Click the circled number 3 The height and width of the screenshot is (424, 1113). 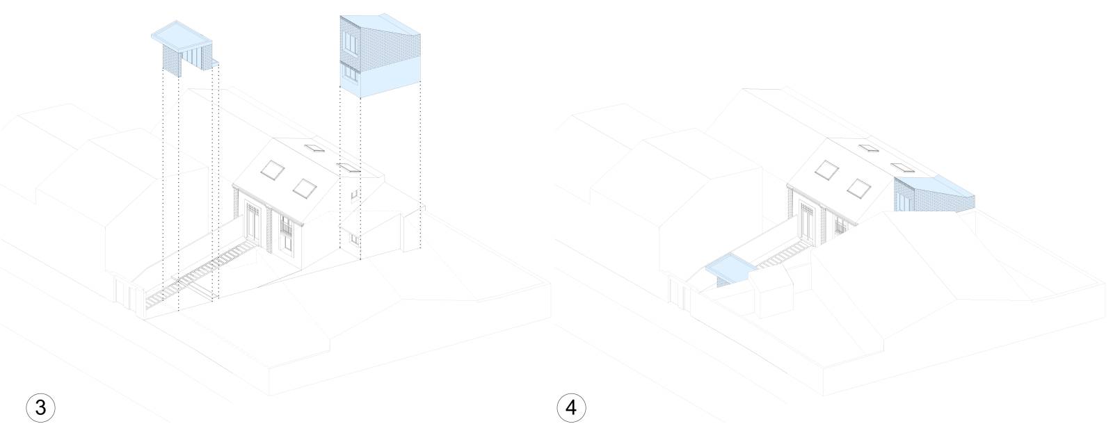click(x=40, y=407)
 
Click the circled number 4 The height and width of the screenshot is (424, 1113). click(x=571, y=407)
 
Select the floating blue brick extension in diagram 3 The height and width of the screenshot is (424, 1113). click(x=380, y=56)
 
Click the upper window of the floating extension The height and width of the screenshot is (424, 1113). click(x=351, y=43)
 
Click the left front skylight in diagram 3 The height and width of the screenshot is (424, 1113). click(x=273, y=170)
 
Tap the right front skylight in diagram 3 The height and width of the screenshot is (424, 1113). click(x=305, y=188)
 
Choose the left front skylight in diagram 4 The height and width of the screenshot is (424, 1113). click(x=826, y=170)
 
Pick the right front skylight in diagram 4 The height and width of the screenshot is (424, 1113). click(x=858, y=188)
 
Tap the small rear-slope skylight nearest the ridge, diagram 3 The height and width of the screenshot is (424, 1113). click(x=314, y=147)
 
